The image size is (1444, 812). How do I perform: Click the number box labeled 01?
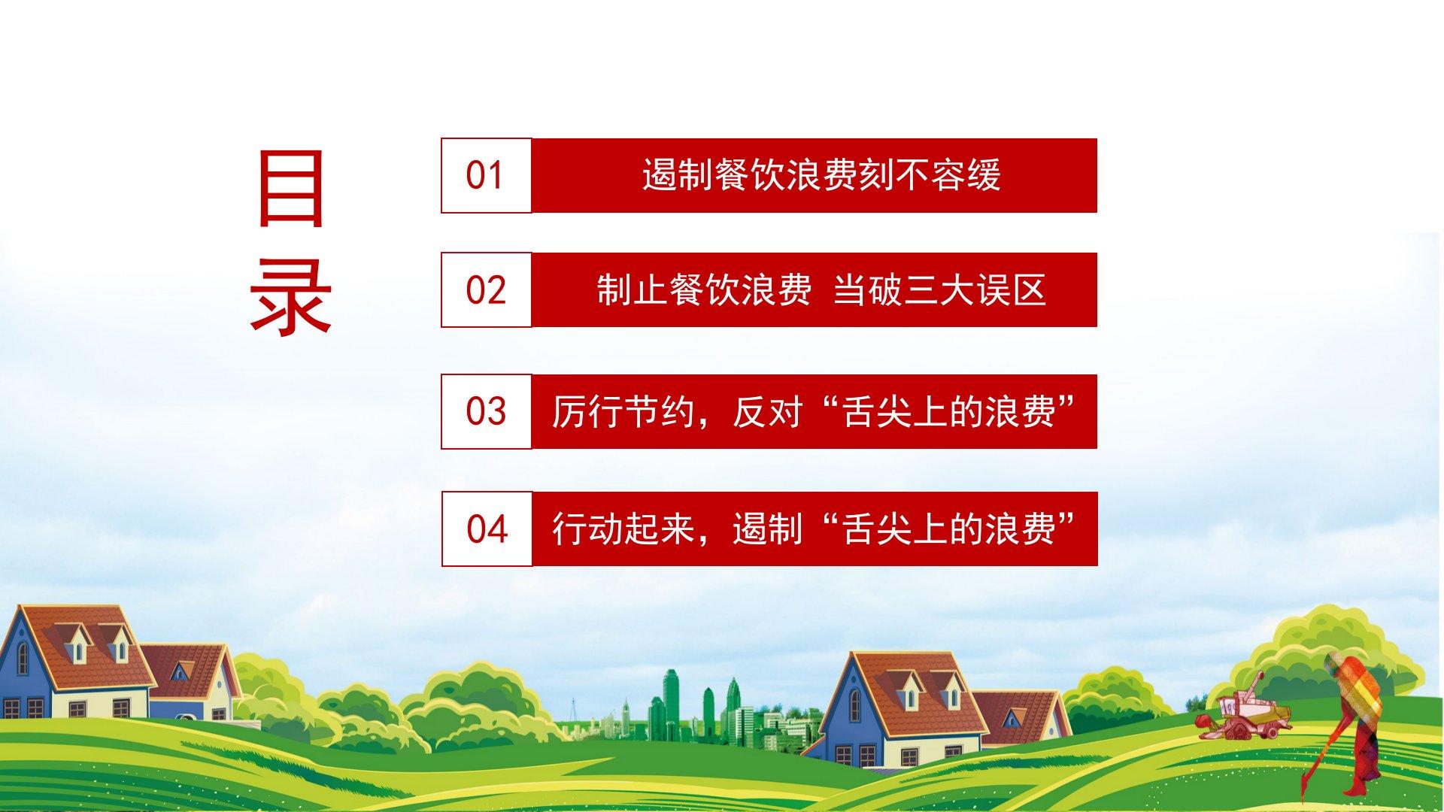(x=486, y=175)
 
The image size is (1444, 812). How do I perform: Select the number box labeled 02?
(x=486, y=289)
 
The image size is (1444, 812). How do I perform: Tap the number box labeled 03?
(x=486, y=411)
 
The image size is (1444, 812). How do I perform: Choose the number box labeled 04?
(x=487, y=529)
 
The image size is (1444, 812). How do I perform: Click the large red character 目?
(x=290, y=188)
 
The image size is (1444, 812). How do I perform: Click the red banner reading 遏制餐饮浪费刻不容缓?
(x=814, y=175)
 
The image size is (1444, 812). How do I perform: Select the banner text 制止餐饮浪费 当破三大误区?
(x=821, y=290)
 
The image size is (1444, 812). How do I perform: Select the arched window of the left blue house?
(x=23, y=659)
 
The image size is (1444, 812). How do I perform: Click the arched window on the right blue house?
(x=855, y=704)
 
